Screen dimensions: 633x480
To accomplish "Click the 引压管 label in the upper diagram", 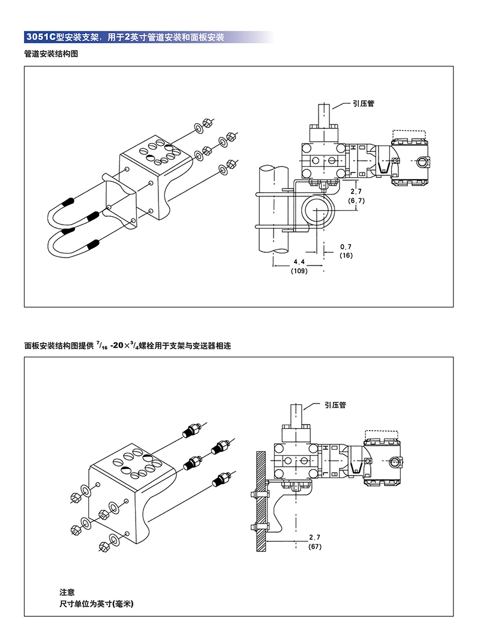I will click(363, 103).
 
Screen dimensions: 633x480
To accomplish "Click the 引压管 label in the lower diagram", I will click(335, 405).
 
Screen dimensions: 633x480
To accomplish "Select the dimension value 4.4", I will click(299, 262).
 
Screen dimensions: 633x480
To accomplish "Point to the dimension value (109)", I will click(299, 271).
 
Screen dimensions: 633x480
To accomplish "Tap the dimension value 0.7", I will click(346, 247).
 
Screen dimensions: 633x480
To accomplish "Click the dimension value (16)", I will click(346, 255).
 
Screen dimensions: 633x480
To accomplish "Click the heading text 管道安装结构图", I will click(52, 54).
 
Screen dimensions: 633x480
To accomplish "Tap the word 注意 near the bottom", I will click(67, 592).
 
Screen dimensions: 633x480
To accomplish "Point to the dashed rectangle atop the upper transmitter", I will click(409, 134).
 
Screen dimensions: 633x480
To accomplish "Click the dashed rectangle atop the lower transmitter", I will click(382, 435).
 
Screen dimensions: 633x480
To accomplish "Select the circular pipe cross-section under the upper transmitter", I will click(316, 210).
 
